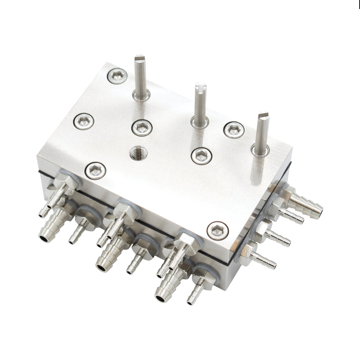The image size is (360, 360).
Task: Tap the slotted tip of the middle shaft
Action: tap(201, 87)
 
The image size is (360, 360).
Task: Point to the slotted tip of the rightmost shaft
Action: tap(264, 116)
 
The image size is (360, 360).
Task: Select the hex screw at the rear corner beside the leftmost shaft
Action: tap(117, 76)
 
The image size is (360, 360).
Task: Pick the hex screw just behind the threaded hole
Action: tap(141, 127)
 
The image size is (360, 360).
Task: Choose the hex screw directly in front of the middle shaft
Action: tap(201, 156)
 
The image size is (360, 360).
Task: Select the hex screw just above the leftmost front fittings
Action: tap(96, 170)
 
